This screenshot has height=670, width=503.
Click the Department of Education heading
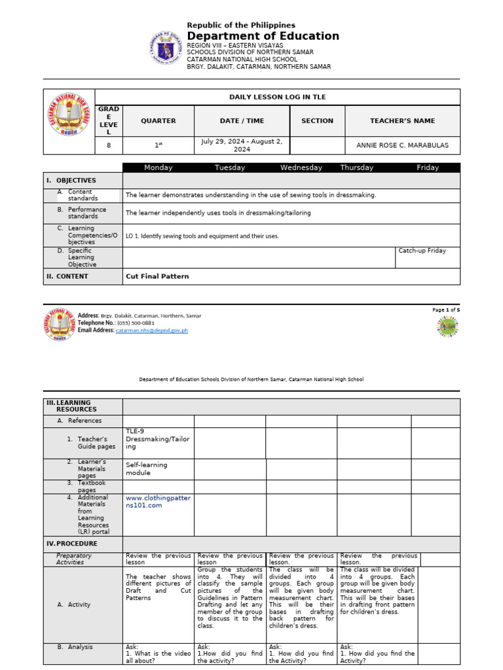pyautogui.click(x=263, y=37)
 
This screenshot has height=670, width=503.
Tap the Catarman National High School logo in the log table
pyautogui.click(x=69, y=121)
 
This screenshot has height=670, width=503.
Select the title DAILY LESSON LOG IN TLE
pyautogui.click(x=277, y=97)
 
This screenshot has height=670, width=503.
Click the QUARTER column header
pyautogui.click(x=158, y=121)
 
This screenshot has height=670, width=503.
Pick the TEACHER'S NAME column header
pyautogui.click(x=402, y=121)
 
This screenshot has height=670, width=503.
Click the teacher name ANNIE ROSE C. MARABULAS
pyautogui.click(x=402, y=145)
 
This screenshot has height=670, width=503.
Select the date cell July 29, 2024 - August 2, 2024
pyautogui.click(x=242, y=145)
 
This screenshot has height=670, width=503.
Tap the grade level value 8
pyautogui.click(x=109, y=145)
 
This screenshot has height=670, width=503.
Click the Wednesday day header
pyautogui.click(x=301, y=167)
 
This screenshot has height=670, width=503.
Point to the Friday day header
pyautogui.click(x=428, y=167)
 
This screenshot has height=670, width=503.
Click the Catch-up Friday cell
pyautogui.click(x=422, y=251)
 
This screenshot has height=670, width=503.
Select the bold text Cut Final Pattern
pyautogui.click(x=157, y=277)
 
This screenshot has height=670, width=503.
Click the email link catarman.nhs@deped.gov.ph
pyautogui.click(x=152, y=330)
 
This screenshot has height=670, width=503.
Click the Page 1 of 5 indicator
pyautogui.click(x=446, y=310)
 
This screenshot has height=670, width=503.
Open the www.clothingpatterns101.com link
pyautogui.click(x=158, y=501)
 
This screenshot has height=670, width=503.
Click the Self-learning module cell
pyautogui.click(x=147, y=468)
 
